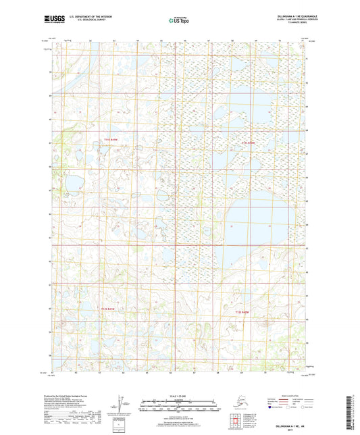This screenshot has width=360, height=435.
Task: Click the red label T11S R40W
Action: (x=248, y=143)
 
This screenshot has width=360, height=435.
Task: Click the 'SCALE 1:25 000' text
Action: (x=179, y=393)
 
